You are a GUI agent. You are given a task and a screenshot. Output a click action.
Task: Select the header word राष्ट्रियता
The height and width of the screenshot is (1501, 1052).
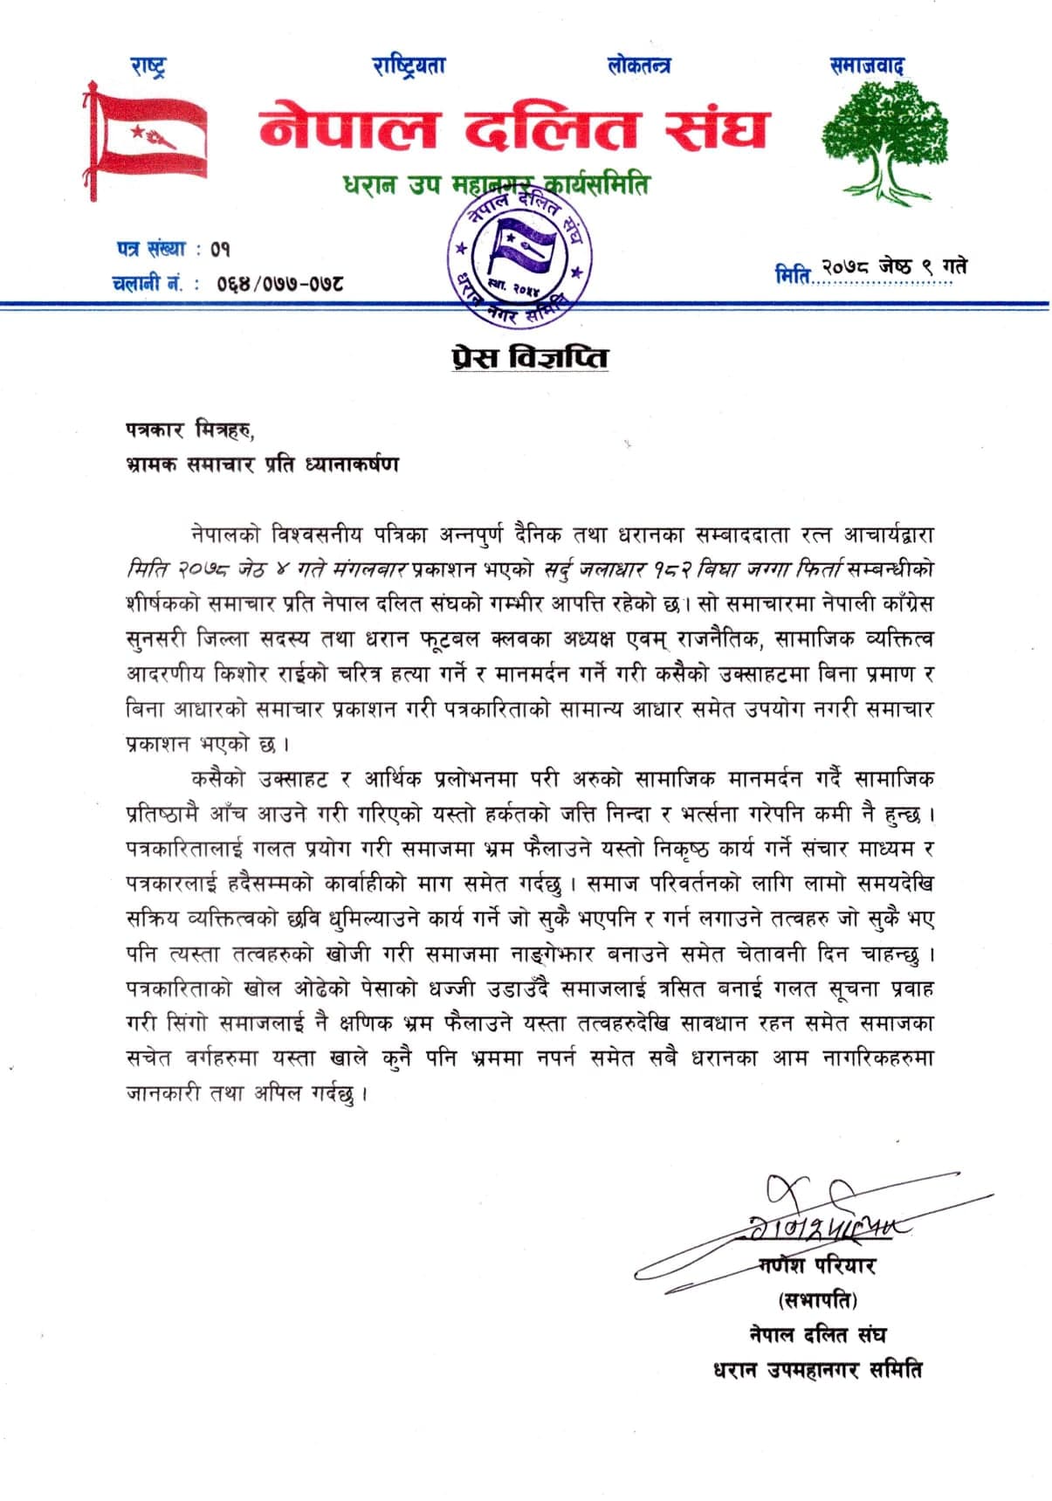[x=409, y=65]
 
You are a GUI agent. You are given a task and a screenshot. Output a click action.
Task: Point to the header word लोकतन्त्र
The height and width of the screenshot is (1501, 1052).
[x=639, y=65]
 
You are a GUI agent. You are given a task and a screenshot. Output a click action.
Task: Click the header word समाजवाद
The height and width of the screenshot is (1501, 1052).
[x=867, y=65]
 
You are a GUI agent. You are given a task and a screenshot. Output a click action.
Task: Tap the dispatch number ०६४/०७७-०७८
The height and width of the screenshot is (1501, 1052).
[x=279, y=283]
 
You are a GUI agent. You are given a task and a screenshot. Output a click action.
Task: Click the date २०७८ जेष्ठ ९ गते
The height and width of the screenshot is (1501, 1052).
[x=893, y=267]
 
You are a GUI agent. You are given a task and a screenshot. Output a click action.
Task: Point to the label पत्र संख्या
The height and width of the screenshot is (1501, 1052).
[x=151, y=249]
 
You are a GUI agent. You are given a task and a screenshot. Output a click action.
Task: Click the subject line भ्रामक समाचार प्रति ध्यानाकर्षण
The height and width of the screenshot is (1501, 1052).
[x=262, y=464]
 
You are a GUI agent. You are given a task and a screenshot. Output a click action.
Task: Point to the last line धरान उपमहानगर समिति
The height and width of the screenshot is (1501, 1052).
[x=818, y=1369]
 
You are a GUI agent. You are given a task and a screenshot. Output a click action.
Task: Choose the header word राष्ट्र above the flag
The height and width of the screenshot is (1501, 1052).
[x=148, y=65]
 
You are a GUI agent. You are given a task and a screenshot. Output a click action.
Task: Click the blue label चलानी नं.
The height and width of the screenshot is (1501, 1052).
[x=147, y=283]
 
